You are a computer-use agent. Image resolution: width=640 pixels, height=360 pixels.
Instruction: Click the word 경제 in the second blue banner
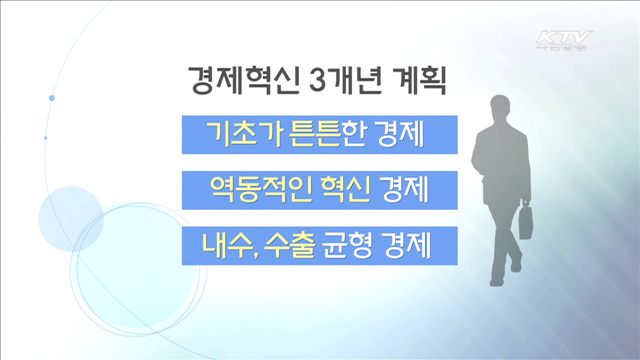pos(407,189)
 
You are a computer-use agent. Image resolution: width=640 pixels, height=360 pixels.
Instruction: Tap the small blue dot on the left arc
pos(50,97)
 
